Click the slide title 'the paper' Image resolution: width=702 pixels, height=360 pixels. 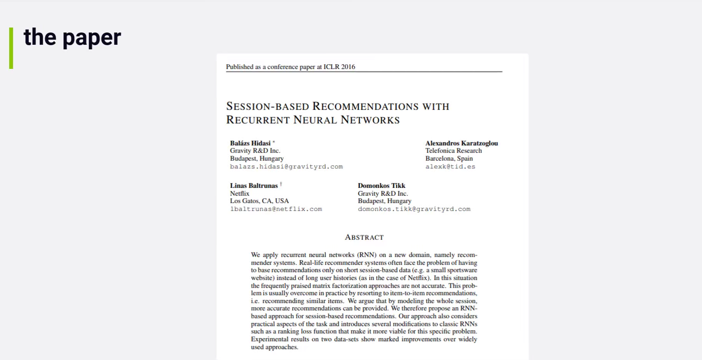[72, 37]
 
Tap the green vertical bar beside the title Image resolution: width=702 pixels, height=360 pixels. [11, 48]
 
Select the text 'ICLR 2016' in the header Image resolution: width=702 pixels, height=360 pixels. [339, 67]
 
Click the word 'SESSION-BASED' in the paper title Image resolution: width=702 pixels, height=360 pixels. [267, 106]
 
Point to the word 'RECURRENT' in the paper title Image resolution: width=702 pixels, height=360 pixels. [258, 120]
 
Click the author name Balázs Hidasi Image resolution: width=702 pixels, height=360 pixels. [250, 143]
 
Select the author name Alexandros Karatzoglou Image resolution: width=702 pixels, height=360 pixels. [461, 143]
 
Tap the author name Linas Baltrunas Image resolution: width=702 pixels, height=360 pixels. [254, 186]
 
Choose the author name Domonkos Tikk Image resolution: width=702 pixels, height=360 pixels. [381, 186]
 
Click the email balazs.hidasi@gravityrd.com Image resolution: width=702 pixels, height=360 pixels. [286, 167]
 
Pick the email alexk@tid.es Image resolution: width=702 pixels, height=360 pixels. [450, 167]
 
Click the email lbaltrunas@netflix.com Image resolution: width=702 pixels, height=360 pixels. [276, 209]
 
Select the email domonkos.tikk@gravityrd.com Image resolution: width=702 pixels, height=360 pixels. [414, 209]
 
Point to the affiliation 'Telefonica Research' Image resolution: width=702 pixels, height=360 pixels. [453, 151]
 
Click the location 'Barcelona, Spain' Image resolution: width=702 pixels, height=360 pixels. [449, 158]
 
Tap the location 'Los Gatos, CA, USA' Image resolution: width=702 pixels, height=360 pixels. [259, 201]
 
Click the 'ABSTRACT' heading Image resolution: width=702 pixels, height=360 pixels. [364, 237]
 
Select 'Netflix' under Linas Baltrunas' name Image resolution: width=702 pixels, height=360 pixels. [240, 194]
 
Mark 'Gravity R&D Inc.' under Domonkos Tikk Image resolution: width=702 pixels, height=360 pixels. [383, 194]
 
